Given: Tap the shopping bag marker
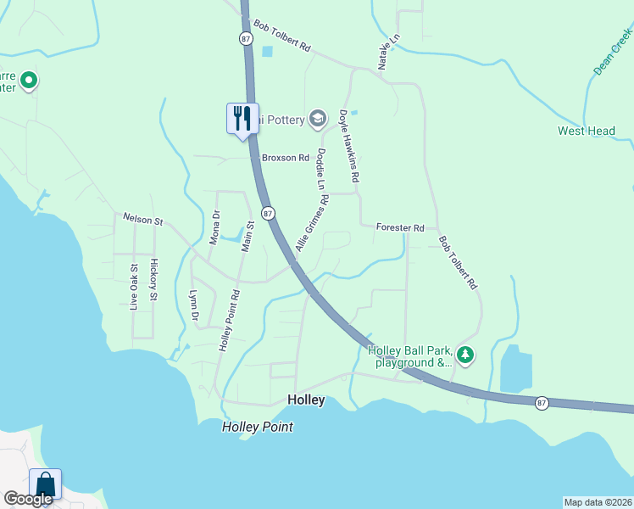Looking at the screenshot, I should pos(45,484).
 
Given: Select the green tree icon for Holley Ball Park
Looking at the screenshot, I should pos(464,354).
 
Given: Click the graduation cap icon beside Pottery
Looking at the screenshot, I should pos(318,119).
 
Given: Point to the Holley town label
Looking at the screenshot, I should pos(306,400).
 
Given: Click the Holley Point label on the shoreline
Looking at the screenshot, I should pos(258,427).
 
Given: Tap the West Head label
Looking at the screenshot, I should pos(587,131).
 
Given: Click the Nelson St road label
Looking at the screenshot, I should pos(142,220).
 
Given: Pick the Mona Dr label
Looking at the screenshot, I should pos(214,227).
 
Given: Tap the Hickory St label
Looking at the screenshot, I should pos(153,280).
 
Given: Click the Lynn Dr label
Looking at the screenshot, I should pos(194,305).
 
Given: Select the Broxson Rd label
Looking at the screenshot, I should pos(286,158).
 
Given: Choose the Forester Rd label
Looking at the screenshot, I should pos(400,227).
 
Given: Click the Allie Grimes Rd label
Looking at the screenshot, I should pos(312,223).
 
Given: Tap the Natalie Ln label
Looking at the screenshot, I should pos(382,52).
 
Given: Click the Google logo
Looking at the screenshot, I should pos(28,499).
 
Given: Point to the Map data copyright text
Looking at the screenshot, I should pos(598,501).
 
